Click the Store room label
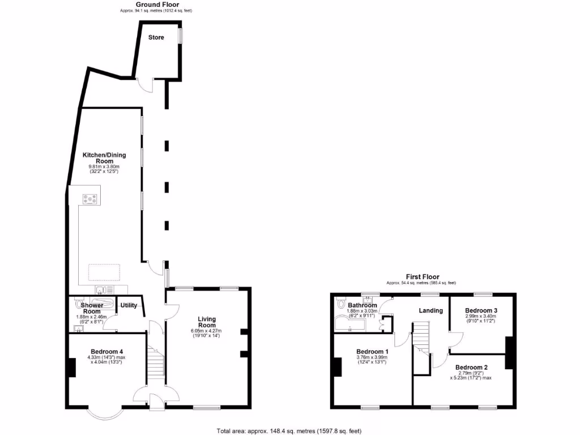coord(156,38)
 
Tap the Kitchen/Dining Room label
coord(104,158)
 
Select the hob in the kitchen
coord(90,199)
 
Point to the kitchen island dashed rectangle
coord(103,272)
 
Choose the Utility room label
coord(129,305)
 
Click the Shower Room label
coord(92,308)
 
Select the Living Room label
coord(207,322)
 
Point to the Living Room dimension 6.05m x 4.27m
coord(207,331)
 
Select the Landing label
coord(430,310)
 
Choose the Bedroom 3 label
coord(481,310)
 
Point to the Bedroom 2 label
coord(471,367)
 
